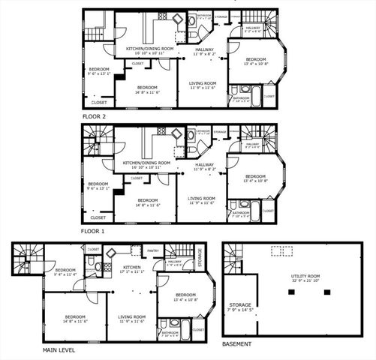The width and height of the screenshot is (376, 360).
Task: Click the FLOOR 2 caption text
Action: click(x=95, y=117)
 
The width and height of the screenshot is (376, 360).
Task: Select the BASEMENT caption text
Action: click(x=237, y=344)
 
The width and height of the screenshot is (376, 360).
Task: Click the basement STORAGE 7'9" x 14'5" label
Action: click(x=241, y=307)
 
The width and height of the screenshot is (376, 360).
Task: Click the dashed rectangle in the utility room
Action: click(x=282, y=252)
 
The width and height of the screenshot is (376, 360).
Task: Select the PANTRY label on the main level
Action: click(x=152, y=251)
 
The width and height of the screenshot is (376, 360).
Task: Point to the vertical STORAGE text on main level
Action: click(x=200, y=259)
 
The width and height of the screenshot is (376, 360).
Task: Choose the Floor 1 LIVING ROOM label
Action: click(x=202, y=200)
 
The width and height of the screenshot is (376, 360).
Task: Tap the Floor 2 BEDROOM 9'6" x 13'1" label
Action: click(x=98, y=73)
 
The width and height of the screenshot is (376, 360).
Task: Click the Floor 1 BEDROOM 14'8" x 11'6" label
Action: click(x=147, y=202)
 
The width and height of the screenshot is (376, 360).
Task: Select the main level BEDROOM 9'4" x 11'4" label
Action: click(x=65, y=272)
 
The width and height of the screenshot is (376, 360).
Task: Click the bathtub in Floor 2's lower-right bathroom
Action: click(x=256, y=95)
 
